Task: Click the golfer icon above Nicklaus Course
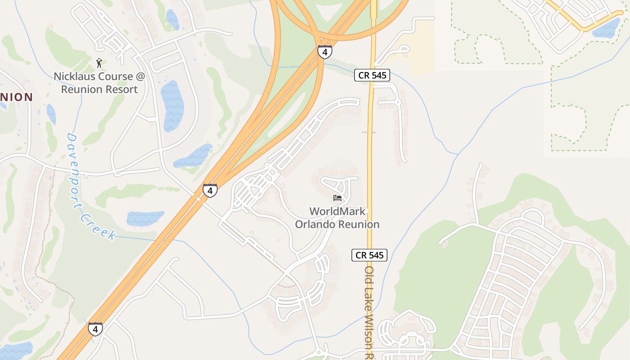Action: pyautogui.click(x=99, y=63)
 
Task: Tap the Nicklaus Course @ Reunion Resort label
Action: pyautogui.click(x=99, y=83)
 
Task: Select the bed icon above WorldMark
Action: pyautogui.click(x=337, y=198)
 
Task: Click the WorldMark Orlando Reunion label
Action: pyautogui.click(x=337, y=218)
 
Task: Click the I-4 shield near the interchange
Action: pyautogui.click(x=324, y=51)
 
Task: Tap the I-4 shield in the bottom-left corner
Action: pyautogui.click(x=95, y=329)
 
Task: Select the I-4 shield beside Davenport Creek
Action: pyautogui.click(x=210, y=190)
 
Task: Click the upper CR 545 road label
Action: pyautogui.click(x=372, y=75)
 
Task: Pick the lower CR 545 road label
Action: pyautogui.click(x=369, y=255)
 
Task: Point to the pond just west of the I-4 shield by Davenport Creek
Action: pyautogui.click(x=145, y=218)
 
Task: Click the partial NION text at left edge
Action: pyautogui.click(x=17, y=97)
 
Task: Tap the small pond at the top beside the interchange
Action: pyautogui.click(x=172, y=19)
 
